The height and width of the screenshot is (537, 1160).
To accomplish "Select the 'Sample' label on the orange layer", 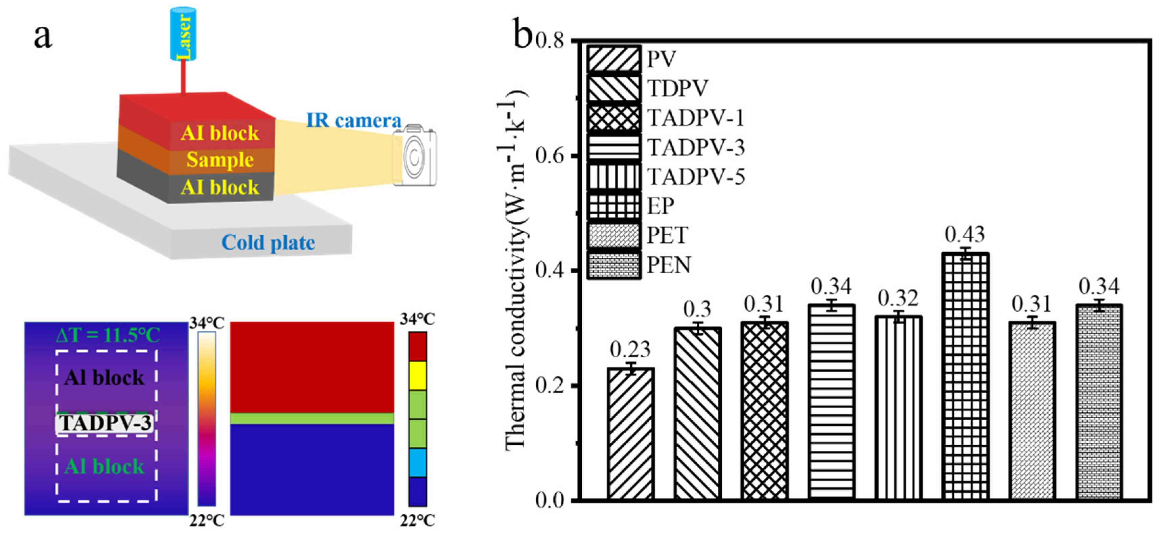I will (220, 160).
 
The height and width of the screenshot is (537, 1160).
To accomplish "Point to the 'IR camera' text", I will (353, 120).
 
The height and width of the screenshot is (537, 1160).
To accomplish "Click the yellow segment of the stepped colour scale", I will (417, 375).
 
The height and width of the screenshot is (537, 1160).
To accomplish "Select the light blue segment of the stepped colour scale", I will (417, 462).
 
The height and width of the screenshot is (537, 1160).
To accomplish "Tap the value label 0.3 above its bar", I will (697, 310).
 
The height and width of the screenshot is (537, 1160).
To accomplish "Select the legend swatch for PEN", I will (613, 265).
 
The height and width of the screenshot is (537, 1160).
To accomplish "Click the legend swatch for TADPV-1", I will (613, 118).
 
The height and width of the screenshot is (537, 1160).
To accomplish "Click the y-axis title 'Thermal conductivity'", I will (516, 270).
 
